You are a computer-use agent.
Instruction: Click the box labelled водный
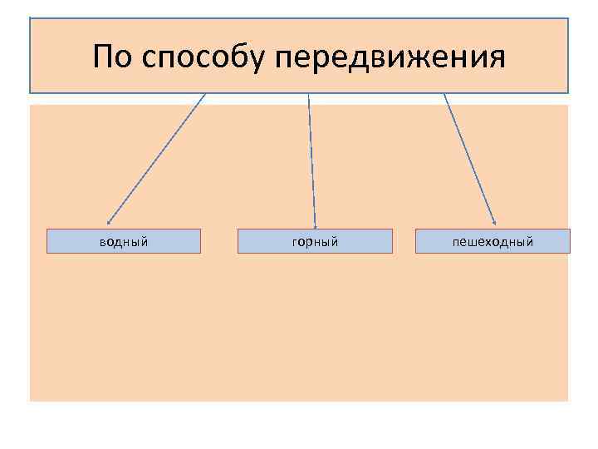click(123, 241)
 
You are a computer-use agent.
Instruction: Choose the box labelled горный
click(315, 241)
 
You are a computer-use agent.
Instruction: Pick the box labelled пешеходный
click(493, 241)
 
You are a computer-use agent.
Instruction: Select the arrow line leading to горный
click(312, 158)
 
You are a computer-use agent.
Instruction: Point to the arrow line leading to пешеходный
click(469, 158)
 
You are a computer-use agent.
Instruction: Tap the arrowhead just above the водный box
click(109, 222)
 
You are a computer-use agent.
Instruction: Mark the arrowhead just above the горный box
click(316, 223)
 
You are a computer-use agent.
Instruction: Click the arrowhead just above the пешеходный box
click(494, 222)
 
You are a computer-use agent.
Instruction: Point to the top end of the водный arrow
click(204, 94)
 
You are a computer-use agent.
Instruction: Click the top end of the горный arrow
click(309, 94)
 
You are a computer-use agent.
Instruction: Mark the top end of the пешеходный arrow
click(444, 94)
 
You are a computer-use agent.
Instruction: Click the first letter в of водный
click(103, 242)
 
